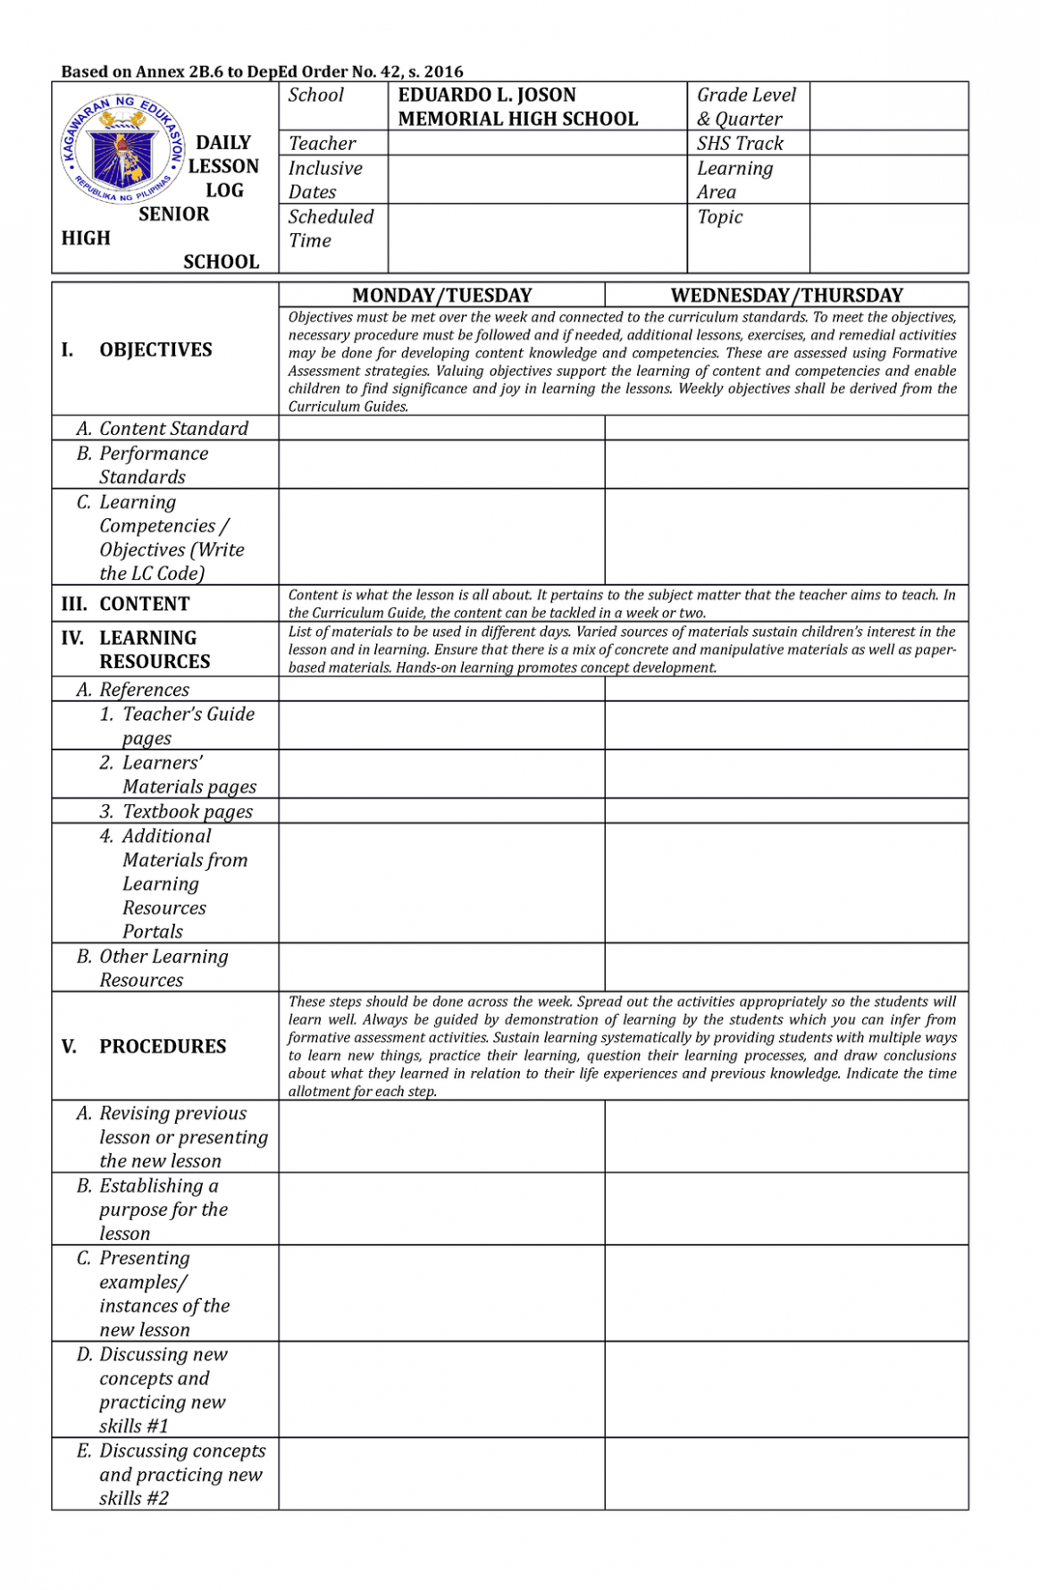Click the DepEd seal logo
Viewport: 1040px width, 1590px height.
pos(122,149)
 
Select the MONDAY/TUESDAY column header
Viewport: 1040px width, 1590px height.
pos(441,296)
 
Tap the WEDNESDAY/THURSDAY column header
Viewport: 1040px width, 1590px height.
pos(786,296)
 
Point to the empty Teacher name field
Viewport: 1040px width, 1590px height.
pos(537,143)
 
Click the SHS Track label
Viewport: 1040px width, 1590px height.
pos(740,143)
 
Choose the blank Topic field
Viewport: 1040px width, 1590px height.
pos(888,238)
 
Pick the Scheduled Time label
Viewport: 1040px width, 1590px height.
pos(331,229)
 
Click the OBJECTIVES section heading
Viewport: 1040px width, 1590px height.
pos(155,350)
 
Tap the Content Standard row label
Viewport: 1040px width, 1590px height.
pos(173,429)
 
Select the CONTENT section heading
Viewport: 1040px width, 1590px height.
pos(144,604)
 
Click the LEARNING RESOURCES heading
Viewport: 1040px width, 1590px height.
pos(154,649)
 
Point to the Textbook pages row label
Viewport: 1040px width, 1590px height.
pos(187,811)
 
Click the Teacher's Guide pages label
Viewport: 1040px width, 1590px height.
pos(188,726)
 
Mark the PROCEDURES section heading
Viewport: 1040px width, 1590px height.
pos(162,1046)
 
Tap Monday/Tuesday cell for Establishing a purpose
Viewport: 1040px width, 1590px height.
pos(441,1209)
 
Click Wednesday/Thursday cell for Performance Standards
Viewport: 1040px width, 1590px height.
pos(786,464)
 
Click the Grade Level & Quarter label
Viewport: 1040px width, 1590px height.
pos(746,106)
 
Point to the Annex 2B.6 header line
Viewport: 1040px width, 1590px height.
pos(262,71)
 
